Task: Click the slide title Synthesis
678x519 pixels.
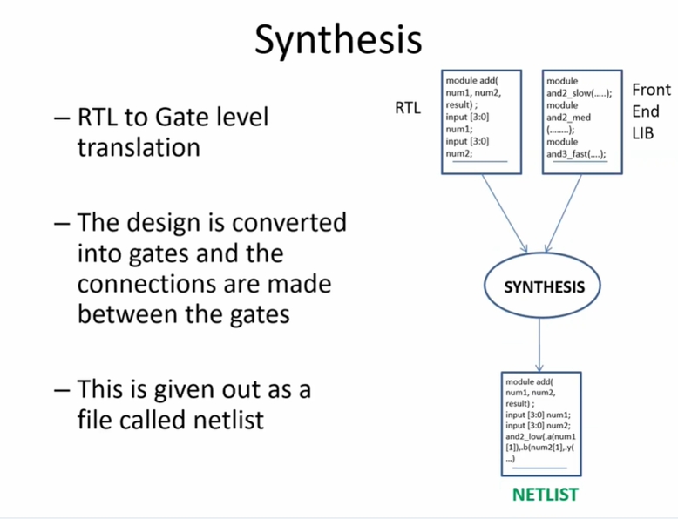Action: pyautogui.click(x=338, y=40)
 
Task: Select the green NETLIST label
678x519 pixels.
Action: pyautogui.click(x=545, y=495)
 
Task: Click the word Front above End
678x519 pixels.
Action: pyautogui.click(x=651, y=90)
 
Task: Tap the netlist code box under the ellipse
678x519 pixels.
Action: pyautogui.click(x=541, y=424)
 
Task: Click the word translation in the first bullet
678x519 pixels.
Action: pyautogui.click(x=139, y=147)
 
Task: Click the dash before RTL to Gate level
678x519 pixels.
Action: pyautogui.click(x=61, y=116)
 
